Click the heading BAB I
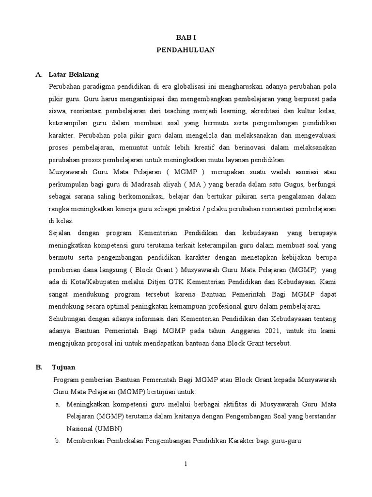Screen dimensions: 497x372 [x=186, y=37]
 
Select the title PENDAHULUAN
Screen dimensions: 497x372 [x=186, y=50]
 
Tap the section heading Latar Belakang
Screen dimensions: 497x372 [x=74, y=74]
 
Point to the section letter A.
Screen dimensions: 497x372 [x=39, y=74]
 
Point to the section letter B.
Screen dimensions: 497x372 [x=39, y=367]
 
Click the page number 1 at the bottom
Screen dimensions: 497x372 [x=186, y=464]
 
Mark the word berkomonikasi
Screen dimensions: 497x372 [x=139, y=196]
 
